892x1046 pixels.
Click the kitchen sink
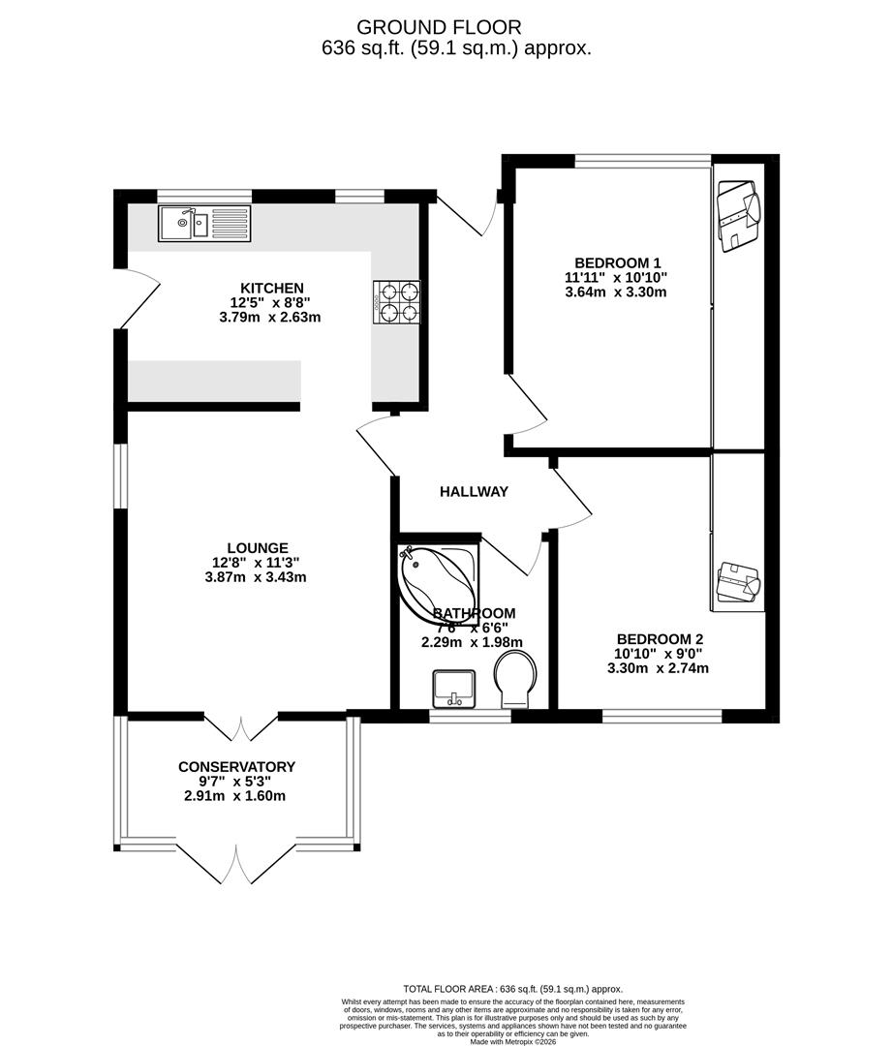coord(204,225)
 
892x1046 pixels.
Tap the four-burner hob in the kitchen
coord(397,300)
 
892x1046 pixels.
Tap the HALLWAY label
coord(474,492)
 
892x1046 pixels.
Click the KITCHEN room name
coord(272,288)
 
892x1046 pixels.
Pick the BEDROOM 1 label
coord(617,262)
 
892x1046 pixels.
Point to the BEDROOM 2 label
coord(660,639)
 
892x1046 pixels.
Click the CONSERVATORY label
coord(236,767)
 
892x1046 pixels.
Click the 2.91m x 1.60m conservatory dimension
coord(236,796)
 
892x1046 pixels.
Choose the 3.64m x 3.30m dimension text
coord(617,292)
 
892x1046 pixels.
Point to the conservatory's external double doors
coord(238,864)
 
